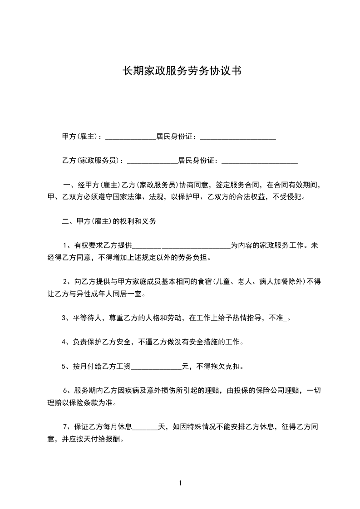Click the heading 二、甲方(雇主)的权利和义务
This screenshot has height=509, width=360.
coord(109,221)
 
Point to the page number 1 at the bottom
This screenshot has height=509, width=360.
coord(180,483)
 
